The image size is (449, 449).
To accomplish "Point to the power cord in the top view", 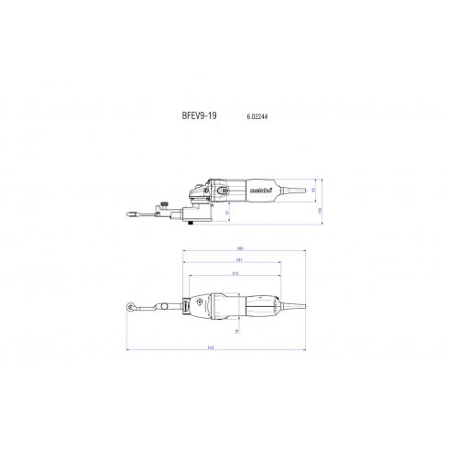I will (291, 306).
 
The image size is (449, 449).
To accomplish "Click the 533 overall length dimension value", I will (213, 349).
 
